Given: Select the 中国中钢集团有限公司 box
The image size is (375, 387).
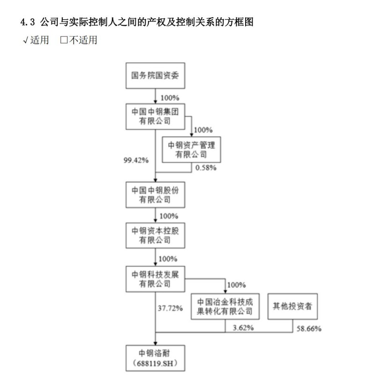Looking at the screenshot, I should pos(155,116).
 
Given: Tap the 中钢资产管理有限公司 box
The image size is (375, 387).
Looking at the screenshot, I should pos(191,149).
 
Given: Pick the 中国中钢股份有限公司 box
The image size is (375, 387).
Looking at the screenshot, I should pos(155,195).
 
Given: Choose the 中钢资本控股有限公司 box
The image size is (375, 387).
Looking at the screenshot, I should pos(155,237).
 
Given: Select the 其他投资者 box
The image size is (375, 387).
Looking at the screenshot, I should pos(292,307).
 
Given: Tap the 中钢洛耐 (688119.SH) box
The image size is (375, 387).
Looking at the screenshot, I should pos(155,357).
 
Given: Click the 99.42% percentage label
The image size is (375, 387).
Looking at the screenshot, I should pos(136,160).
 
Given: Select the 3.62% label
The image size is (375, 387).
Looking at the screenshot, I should pos(243,328).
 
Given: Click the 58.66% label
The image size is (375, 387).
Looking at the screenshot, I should pos(308,328).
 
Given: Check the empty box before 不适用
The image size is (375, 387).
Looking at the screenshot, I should pos(64,40).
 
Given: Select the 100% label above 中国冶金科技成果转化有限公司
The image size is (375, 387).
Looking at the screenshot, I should pos(236,284).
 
